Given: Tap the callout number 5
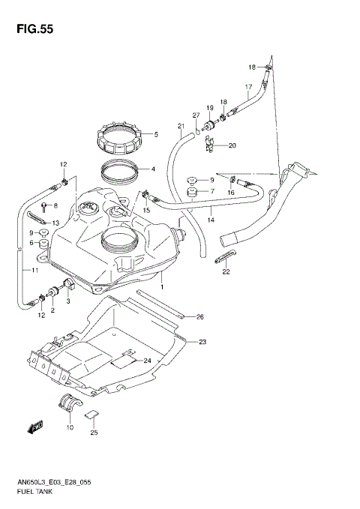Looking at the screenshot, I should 155,136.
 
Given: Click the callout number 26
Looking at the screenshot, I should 200,317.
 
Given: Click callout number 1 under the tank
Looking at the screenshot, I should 160,288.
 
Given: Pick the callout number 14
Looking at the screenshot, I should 211,220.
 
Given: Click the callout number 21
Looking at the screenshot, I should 181,125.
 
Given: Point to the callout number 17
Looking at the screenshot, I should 248,87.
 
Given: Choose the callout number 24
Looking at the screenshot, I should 148,361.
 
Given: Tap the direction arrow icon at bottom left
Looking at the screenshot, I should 34,427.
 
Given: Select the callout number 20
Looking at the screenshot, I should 232,145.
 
